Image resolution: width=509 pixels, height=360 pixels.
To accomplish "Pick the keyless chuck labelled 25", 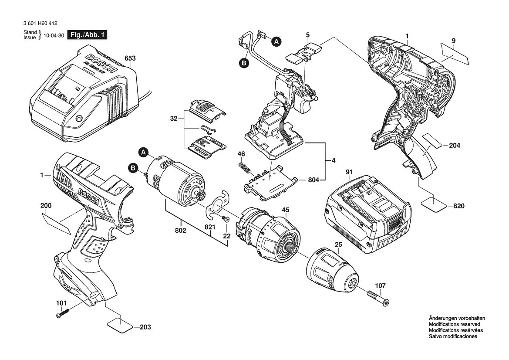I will (x=332, y=271).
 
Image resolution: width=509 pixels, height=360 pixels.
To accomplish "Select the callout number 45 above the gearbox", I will (x=286, y=210).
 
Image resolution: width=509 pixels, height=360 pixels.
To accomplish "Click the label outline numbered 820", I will (x=433, y=204).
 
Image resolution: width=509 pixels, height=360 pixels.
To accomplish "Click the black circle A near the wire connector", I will (x=276, y=42).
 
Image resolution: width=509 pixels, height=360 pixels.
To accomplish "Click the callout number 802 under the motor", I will (x=181, y=230).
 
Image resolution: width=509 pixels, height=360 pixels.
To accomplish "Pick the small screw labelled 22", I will (x=226, y=219).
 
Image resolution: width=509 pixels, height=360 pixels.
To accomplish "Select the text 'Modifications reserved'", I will (x=454, y=324).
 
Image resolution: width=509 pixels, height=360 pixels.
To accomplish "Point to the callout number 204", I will (x=455, y=146).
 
